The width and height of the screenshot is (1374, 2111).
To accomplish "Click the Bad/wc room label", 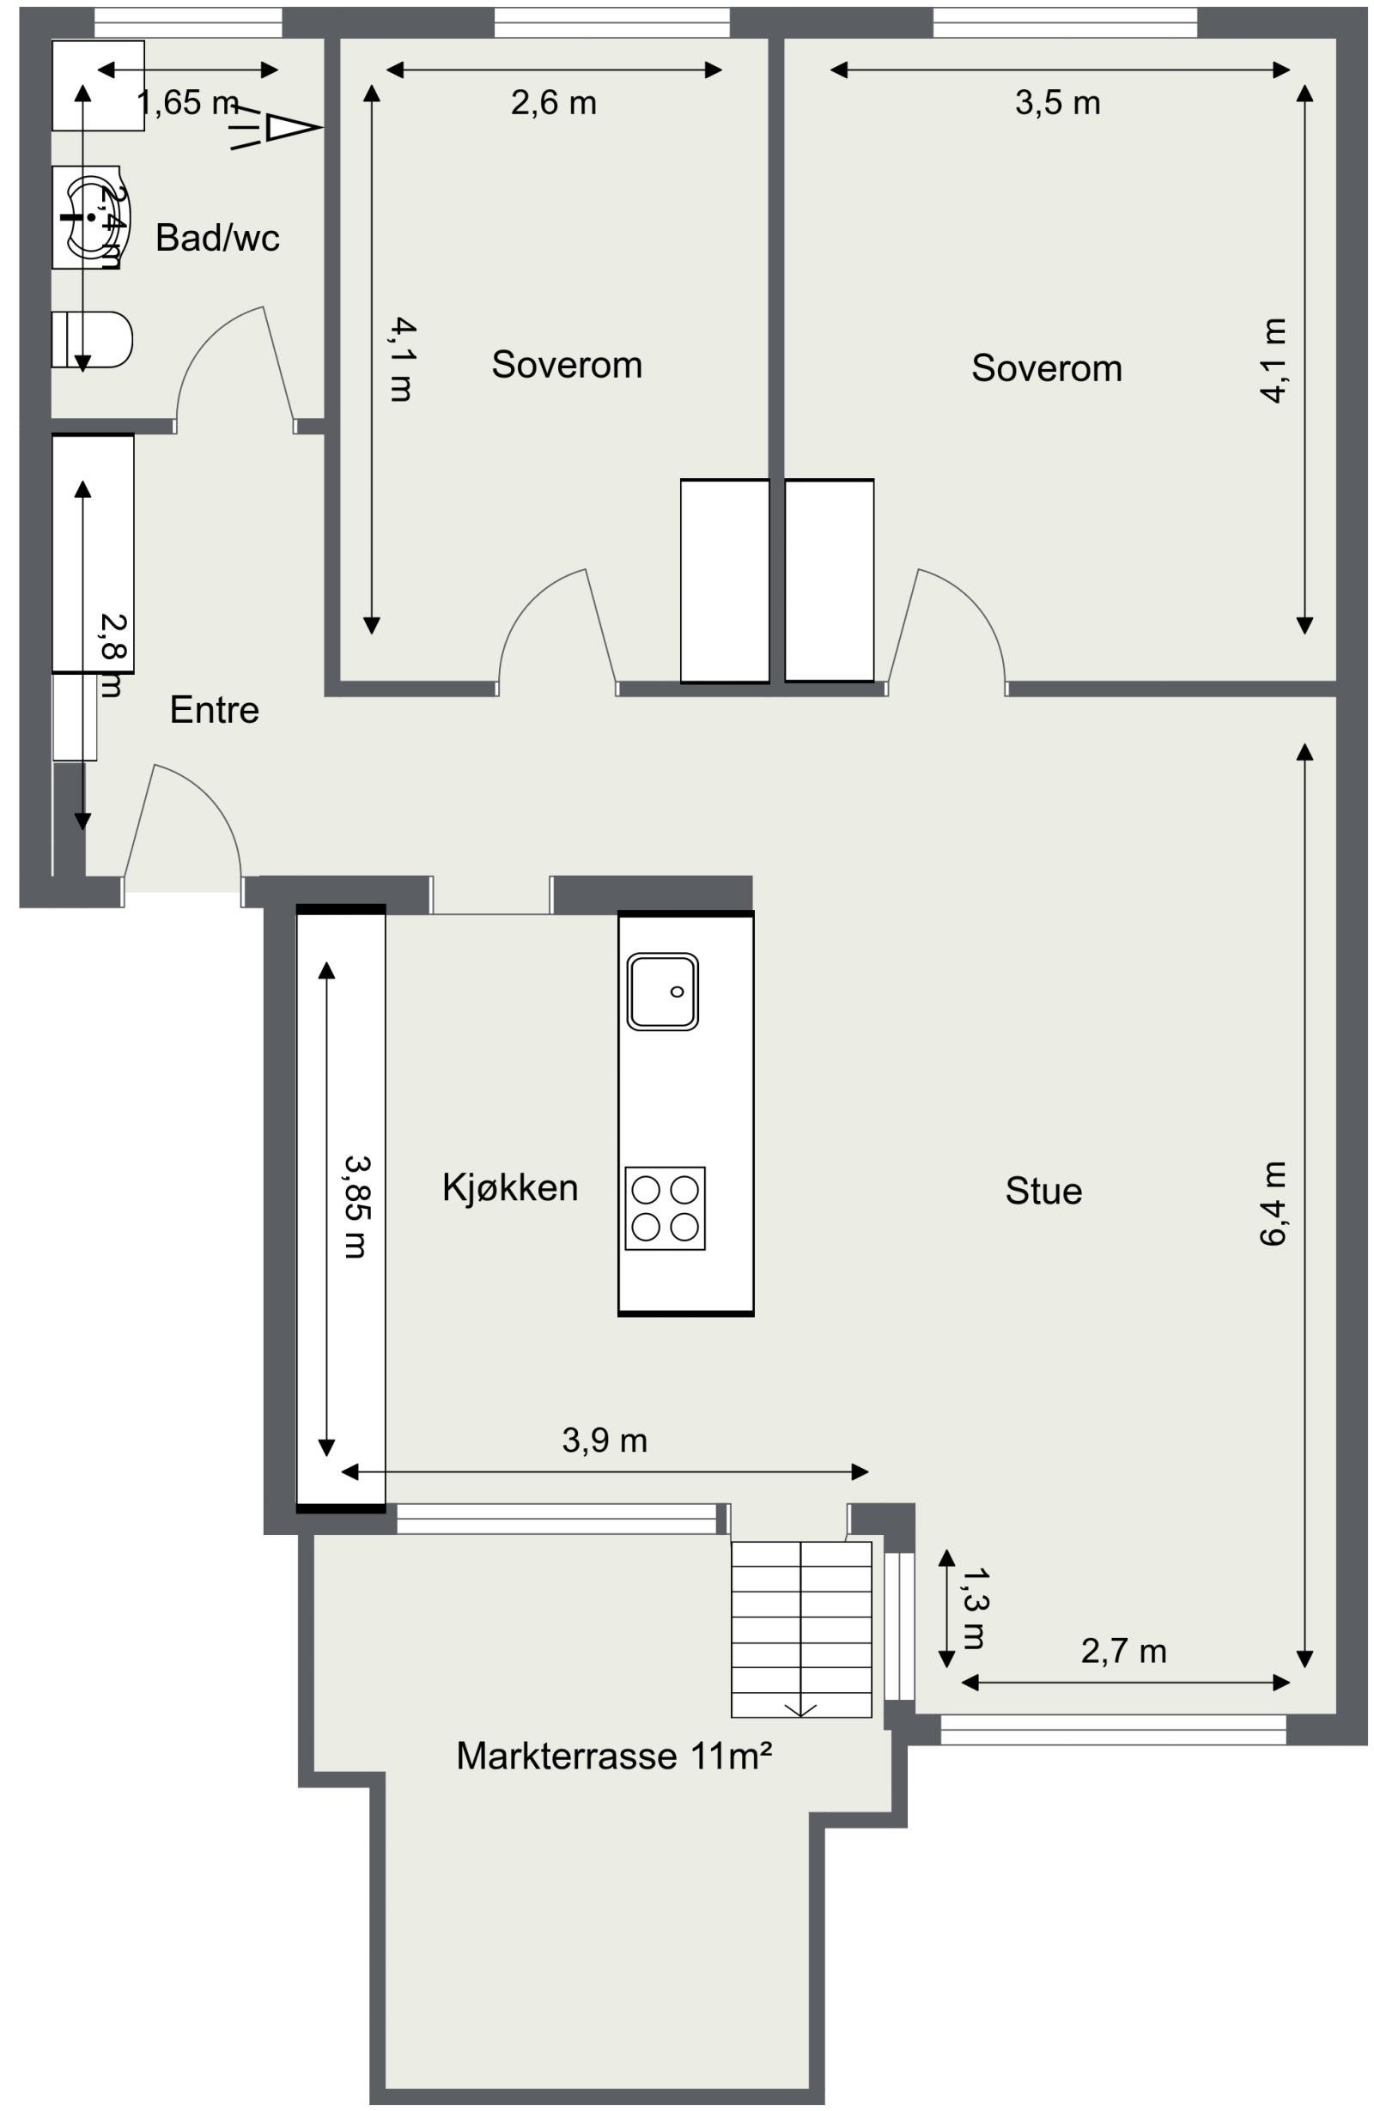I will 216,238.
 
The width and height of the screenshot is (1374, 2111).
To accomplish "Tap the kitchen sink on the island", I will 662,991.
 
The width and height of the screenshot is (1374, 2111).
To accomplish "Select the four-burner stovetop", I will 665,1208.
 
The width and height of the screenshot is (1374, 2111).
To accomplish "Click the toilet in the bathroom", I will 91,339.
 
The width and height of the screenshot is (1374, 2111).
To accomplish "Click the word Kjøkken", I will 509,1187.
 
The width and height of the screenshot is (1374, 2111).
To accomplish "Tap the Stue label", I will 1043,1192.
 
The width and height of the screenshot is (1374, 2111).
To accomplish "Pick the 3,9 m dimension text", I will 604,1441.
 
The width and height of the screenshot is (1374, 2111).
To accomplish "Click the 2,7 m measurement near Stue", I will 1123,1651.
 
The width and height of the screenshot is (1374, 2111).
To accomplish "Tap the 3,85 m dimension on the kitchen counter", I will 356,1206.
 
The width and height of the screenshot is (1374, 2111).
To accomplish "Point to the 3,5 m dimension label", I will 1056,104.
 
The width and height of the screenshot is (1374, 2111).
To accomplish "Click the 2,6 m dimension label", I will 553,104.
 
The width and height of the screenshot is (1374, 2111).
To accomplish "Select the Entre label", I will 214,711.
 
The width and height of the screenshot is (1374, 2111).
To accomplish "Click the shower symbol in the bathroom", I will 277,128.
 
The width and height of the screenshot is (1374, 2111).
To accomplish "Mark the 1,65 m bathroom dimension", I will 186,104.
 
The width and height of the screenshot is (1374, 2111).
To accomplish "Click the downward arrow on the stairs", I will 800,1708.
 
